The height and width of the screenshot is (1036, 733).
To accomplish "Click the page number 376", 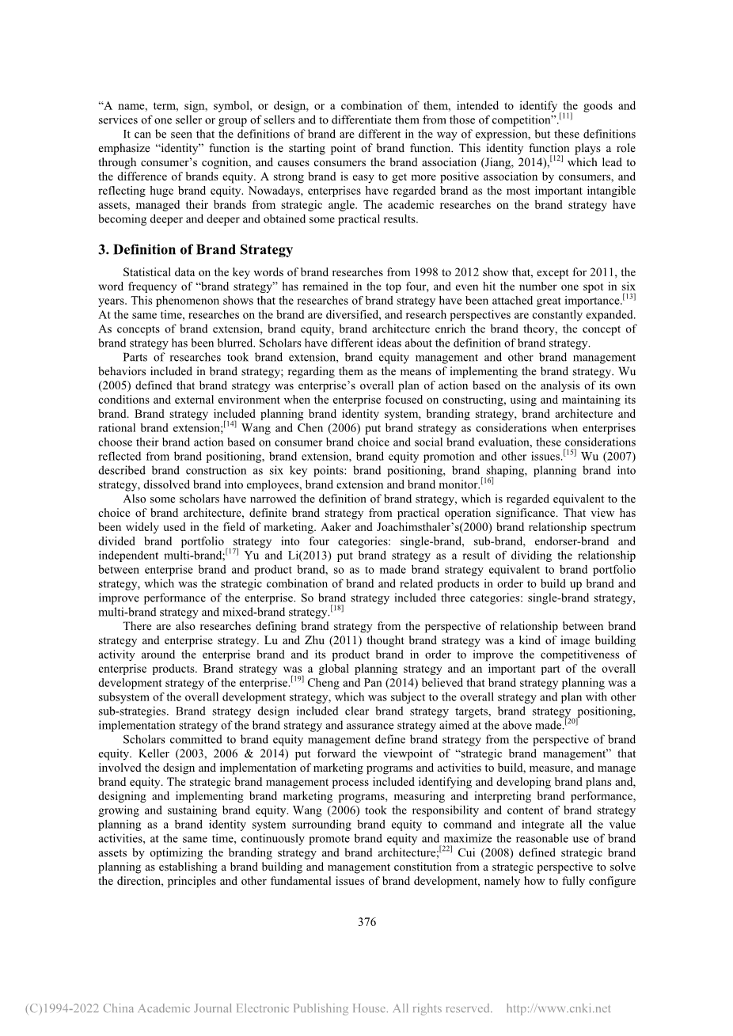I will pos(366,921).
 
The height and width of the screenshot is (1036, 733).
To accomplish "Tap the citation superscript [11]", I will pos(566,116).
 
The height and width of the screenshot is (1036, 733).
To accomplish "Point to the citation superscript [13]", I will pos(629,297).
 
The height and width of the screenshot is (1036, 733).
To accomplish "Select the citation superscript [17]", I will pos(232,551).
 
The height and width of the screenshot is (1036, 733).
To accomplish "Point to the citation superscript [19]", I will pos(298,678).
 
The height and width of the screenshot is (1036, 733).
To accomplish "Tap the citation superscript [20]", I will pos(572,720).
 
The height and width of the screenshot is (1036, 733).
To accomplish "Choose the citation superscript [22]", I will pos(445,848).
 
